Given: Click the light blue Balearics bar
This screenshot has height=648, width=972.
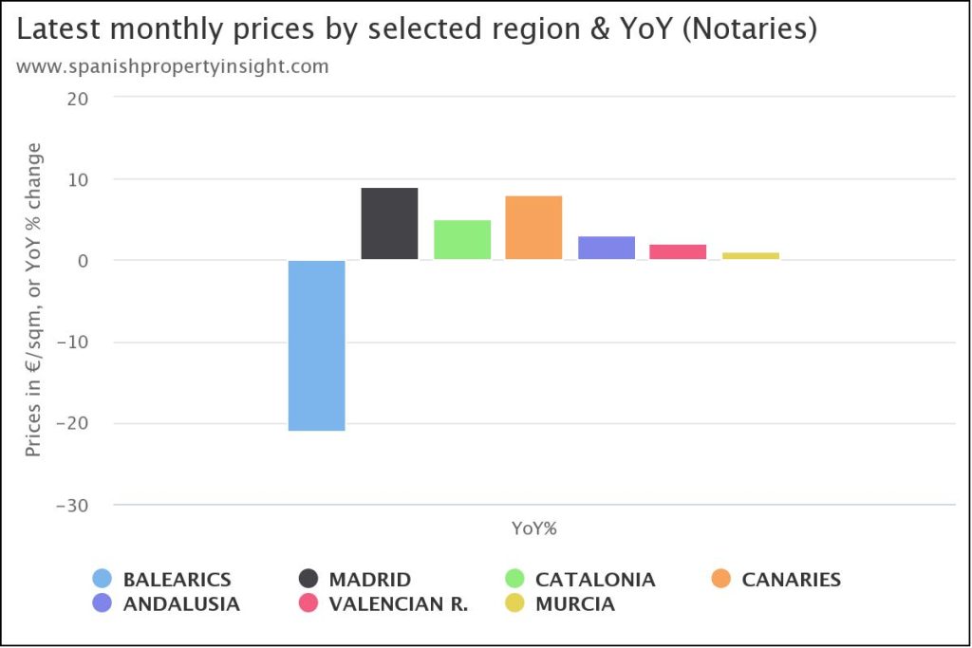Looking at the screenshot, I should pyautogui.click(x=317, y=345).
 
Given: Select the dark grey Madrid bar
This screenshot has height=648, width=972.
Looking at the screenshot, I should pyautogui.click(x=389, y=224).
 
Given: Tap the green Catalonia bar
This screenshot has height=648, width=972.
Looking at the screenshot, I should pyautogui.click(x=462, y=240).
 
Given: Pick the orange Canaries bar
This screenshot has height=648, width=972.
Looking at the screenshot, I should pyautogui.click(x=533, y=228).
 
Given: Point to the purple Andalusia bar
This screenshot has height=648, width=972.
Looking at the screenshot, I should pyautogui.click(x=607, y=248).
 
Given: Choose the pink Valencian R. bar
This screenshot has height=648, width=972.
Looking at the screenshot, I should pyautogui.click(x=678, y=252).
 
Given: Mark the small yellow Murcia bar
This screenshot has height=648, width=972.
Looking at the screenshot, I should pyautogui.click(x=751, y=256).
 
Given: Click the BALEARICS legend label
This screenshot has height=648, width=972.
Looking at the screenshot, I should pyautogui.click(x=177, y=580).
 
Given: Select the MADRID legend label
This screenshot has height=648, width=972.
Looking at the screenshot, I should pyautogui.click(x=370, y=580).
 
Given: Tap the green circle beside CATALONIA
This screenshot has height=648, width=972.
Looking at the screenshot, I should pyautogui.click(x=515, y=579).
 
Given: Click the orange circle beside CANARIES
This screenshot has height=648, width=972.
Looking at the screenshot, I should pyautogui.click(x=721, y=579).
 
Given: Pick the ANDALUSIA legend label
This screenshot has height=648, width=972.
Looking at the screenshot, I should pyautogui.click(x=181, y=603).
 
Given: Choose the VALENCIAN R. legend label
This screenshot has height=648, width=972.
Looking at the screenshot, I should pyautogui.click(x=398, y=603).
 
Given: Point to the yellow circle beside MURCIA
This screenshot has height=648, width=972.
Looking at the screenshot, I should pyautogui.click(x=515, y=603).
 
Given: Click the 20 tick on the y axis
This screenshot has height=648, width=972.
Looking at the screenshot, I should pyautogui.click(x=77, y=98).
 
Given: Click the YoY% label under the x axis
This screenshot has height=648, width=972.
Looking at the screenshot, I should pyautogui.click(x=534, y=529).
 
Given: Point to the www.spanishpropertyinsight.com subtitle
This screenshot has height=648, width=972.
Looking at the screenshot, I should pyautogui.click(x=173, y=66).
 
